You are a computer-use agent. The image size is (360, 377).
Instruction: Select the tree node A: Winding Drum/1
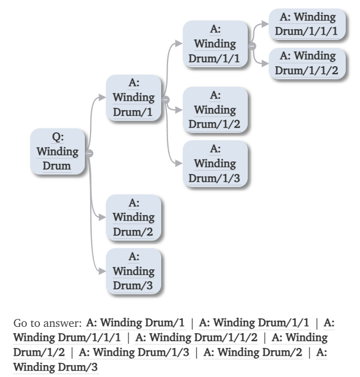133,98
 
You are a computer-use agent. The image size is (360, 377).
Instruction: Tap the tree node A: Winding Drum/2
133,217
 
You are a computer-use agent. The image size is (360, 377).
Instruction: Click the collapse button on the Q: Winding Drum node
89,152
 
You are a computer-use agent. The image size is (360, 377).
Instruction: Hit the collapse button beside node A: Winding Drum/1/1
252,44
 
